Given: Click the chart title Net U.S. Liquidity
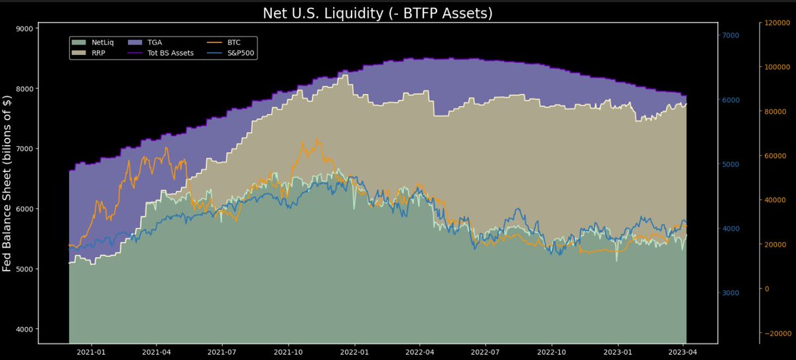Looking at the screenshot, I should (x=377, y=13).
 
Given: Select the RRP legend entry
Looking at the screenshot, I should (x=99, y=52).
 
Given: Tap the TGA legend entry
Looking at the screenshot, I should (x=155, y=42).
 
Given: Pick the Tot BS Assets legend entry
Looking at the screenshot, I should (x=170, y=52).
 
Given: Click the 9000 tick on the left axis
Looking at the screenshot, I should (x=25, y=29).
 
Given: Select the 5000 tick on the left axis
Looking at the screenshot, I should (x=25, y=269).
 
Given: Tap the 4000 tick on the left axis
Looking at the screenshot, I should (x=25, y=330).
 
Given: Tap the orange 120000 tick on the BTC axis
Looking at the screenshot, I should (x=777, y=23).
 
